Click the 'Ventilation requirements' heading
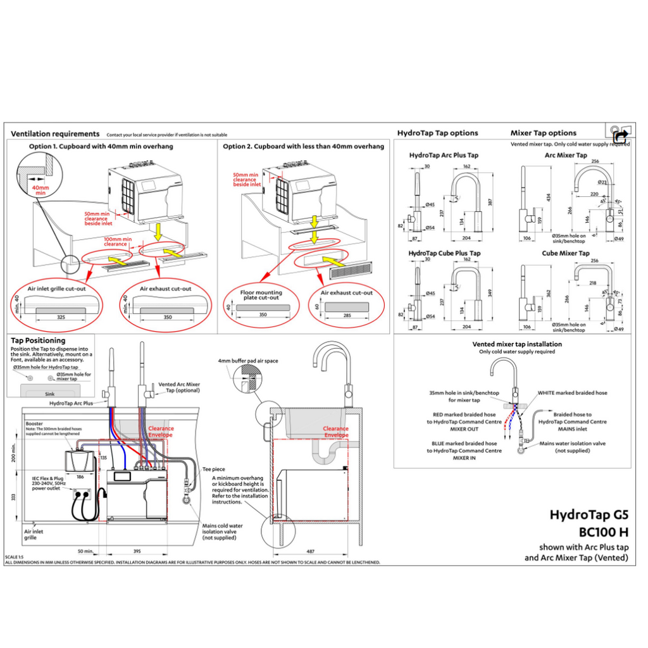click(x=55, y=134)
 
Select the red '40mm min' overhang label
click(x=40, y=190)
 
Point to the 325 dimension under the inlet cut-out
click(x=61, y=316)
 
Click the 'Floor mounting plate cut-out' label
click(x=261, y=296)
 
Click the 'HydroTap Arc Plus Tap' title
click(x=444, y=155)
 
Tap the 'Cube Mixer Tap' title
click(x=566, y=253)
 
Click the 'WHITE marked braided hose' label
click(x=572, y=393)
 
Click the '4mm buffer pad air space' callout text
click(x=247, y=361)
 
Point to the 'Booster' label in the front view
click(x=34, y=423)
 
